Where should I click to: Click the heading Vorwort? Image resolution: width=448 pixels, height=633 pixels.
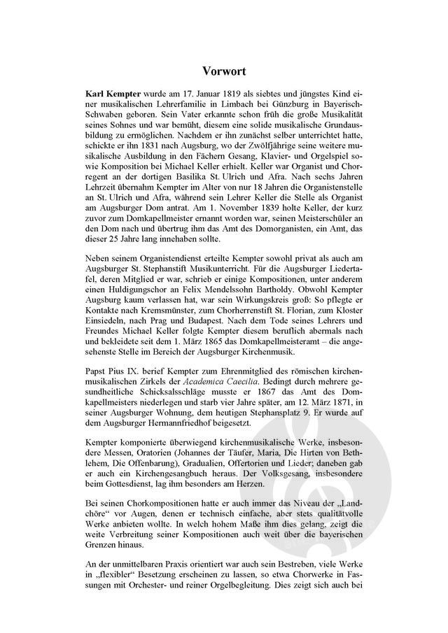(x=223, y=70)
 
